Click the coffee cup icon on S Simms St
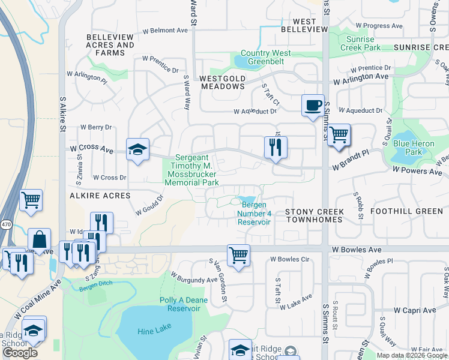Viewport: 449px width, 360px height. [x=312, y=106]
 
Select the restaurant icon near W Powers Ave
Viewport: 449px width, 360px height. [x=276, y=146]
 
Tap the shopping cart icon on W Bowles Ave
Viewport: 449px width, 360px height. [x=239, y=255]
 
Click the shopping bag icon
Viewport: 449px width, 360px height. [x=39, y=239]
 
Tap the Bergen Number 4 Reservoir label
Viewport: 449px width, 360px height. [x=254, y=214]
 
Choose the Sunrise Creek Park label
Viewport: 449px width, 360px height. [x=360, y=43]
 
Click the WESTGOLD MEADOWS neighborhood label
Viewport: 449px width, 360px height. [x=222, y=82]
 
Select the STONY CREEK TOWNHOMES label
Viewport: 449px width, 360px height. [x=314, y=216]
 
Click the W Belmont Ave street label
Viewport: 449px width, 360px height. [x=165, y=30]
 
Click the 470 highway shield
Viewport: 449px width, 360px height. [x=5, y=223]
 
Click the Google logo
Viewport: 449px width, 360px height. [x=20, y=353]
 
